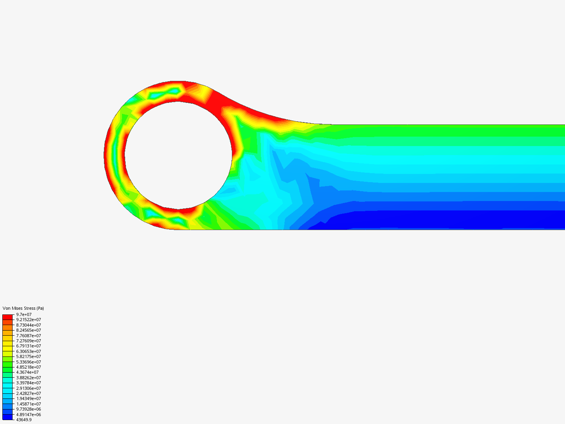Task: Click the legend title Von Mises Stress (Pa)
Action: click(23, 308)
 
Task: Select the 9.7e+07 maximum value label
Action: click(24, 314)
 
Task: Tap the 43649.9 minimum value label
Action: click(24, 420)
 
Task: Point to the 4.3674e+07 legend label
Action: click(27, 372)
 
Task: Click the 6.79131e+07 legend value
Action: click(28, 346)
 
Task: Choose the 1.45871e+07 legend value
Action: click(28, 404)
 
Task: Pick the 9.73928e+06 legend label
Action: click(28, 409)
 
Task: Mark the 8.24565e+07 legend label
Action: click(28, 330)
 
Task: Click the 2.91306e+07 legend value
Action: click(28, 388)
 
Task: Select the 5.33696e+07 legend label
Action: click(28, 362)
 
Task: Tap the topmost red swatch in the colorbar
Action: click(7, 317)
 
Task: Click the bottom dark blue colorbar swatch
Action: click(7, 417)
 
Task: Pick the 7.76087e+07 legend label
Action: click(28, 336)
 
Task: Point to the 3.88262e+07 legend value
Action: click(28, 378)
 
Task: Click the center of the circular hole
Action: click(178, 155)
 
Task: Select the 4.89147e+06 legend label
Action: click(28, 415)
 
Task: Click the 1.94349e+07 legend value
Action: click(28, 398)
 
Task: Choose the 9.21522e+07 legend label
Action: click(28, 320)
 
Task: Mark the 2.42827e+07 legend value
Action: click(28, 393)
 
